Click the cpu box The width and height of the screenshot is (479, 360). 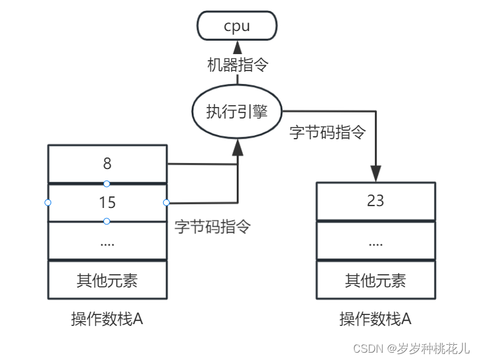237,26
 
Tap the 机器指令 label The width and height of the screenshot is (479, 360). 237,65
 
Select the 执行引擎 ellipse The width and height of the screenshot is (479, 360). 237,112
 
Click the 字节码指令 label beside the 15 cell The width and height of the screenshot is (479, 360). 212,227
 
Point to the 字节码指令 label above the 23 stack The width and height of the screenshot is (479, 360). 327,132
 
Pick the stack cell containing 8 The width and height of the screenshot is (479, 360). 107,164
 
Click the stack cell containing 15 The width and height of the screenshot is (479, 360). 107,202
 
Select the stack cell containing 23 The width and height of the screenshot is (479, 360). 376,201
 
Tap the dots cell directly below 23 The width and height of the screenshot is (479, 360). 376,241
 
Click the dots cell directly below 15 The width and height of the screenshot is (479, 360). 107,241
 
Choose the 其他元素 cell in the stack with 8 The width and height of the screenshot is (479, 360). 107,280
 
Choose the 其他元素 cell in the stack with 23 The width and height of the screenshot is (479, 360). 376,280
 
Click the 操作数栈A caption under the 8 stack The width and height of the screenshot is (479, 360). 107,319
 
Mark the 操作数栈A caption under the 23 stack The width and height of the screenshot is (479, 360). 376,319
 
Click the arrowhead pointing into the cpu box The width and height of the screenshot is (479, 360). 237,47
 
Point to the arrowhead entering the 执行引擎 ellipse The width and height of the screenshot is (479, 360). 237,146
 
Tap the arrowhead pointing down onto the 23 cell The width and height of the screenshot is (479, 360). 376,173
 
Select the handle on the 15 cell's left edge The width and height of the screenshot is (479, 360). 48,202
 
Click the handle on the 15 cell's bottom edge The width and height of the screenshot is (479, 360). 107,221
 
